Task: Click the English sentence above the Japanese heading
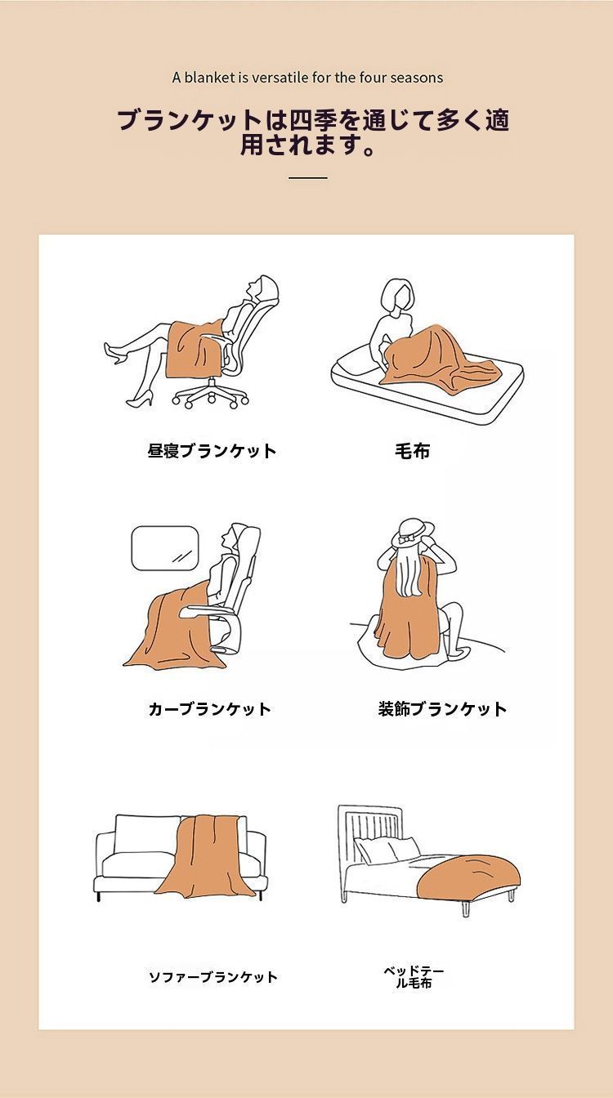click(307, 78)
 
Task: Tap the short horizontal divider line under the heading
click(307, 177)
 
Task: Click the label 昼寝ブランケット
click(212, 451)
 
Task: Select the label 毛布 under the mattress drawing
click(412, 451)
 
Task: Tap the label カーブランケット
click(209, 709)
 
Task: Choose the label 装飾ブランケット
click(442, 709)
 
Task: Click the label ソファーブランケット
click(213, 977)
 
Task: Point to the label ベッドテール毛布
click(414, 977)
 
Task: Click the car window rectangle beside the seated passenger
click(165, 548)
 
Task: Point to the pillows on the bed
click(384, 851)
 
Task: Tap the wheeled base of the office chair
click(211, 396)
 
